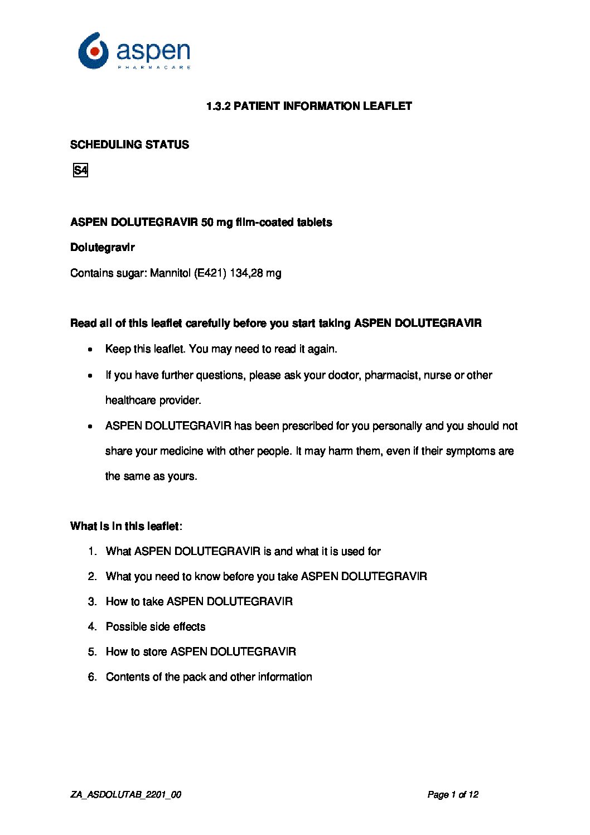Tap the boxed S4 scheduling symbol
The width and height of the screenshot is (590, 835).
(80, 170)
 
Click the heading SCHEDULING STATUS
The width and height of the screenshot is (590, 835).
(129, 145)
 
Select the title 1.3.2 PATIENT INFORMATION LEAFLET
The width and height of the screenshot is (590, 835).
(309, 106)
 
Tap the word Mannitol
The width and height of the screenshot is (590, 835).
(170, 273)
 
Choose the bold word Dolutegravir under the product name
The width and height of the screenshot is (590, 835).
(103, 247)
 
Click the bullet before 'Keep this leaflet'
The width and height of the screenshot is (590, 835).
(90, 350)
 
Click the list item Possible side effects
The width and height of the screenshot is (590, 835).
(156, 627)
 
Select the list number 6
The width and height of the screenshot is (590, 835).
(92, 677)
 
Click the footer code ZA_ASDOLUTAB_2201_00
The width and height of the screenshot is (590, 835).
(125, 795)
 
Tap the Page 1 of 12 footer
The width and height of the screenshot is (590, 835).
(453, 795)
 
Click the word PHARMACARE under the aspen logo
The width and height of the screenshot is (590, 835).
(154, 67)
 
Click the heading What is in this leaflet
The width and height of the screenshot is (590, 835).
(126, 527)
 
